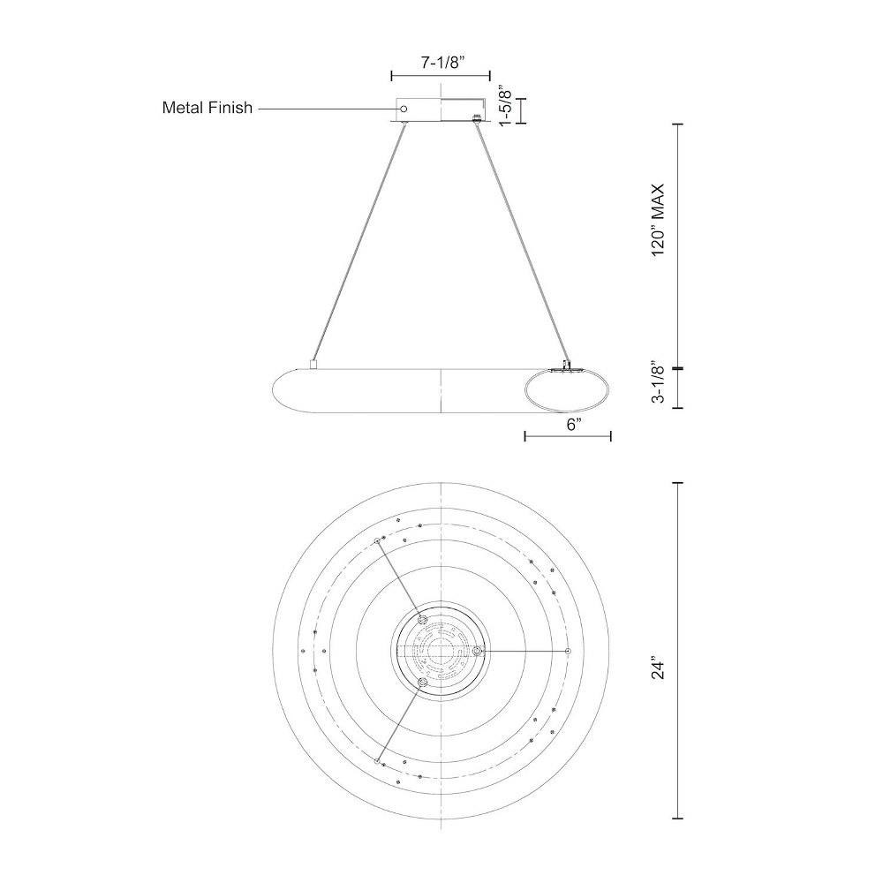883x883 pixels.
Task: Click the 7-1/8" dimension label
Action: tap(441, 62)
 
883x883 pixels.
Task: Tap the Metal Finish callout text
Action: tap(208, 108)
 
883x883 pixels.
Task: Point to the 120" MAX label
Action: tap(659, 220)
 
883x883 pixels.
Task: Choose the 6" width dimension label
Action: tap(574, 425)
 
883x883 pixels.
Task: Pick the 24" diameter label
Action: tap(659, 667)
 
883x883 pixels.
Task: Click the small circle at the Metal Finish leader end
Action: tap(404, 108)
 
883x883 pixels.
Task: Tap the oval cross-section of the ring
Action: tap(567, 391)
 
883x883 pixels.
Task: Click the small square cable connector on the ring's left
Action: tap(313, 365)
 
